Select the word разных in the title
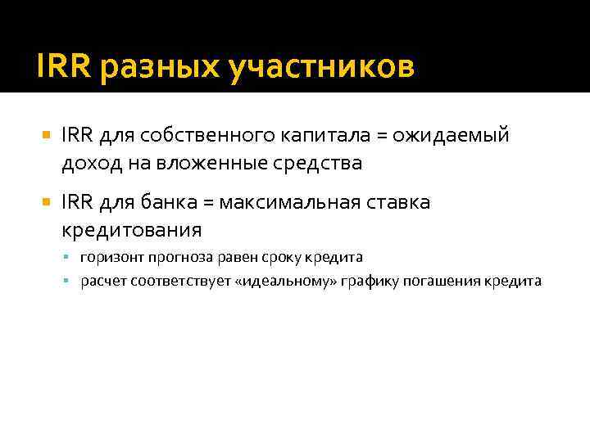(157, 69)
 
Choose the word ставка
(399, 202)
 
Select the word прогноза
(176, 257)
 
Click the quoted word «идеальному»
(281, 282)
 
